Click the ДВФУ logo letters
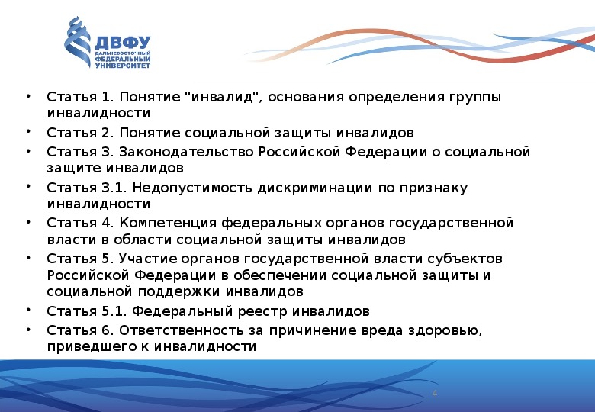[x=123, y=43]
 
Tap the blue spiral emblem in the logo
[x=77, y=42]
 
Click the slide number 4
[x=435, y=394]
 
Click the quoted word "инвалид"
[x=223, y=97]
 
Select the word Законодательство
[x=186, y=152]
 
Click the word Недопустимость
[x=192, y=188]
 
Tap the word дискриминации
[x=315, y=188]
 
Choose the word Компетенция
[x=168, y=223]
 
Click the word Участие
[x=148, y=259]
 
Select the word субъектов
[x=465, y=259]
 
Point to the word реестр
[x=262, y=311]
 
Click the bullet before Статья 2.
[x=28, y=131]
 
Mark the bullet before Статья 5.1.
[x=28, y=309]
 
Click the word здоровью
[x=445, y=330]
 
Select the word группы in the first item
[x=475, y=98]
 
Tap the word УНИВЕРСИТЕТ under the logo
[x=123, y=66]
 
